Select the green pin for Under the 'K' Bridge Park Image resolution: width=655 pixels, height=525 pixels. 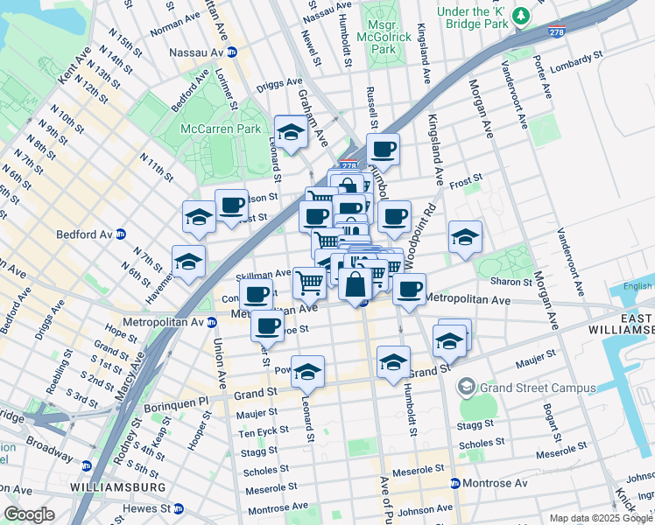click(522, 17)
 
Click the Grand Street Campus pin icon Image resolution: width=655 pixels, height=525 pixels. click(467, 385)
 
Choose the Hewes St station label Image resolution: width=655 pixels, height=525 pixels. click(151, 508)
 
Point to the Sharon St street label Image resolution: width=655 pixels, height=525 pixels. click(511, 282)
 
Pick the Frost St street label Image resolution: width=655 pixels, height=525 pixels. click(466, 184)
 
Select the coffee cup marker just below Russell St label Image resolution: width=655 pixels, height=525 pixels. click(382, 150)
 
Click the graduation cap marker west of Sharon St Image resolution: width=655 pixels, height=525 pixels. click(465, 236)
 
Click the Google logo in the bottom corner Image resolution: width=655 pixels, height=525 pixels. click(29, 514)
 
